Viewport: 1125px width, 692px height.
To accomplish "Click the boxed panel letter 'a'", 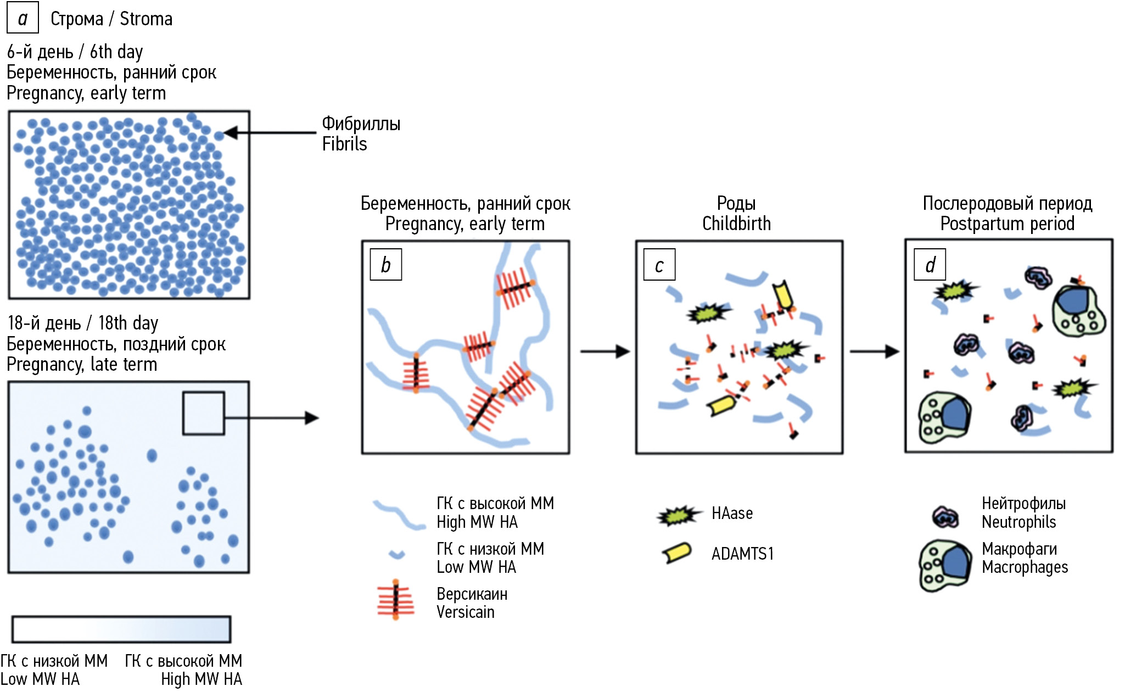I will pos(23,18).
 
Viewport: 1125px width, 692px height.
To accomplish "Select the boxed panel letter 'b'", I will pos(386,265).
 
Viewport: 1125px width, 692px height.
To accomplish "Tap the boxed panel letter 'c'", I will pos(659,265).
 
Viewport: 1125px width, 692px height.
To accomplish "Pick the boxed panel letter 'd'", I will pos(930,265).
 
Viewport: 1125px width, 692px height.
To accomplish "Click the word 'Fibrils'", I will pos(344,144).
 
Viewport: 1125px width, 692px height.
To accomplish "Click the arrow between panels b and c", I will pos(605,351).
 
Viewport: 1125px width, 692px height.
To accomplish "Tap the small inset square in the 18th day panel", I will pos(203,413).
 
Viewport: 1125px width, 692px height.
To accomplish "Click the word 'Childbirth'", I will pos(736,224).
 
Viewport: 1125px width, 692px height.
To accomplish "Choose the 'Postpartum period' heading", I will pos(1007,224).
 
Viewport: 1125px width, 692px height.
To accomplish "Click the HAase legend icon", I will pos(679,515).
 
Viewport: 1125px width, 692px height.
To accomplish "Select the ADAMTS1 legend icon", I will pos(677,553).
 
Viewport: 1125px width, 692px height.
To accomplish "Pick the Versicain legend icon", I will pos(395,600).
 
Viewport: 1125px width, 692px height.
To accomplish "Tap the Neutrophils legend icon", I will pos(945,517).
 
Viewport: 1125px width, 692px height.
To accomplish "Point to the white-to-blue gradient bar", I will pos(121,629).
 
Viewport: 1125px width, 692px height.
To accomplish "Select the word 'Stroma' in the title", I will pos(146,19).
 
